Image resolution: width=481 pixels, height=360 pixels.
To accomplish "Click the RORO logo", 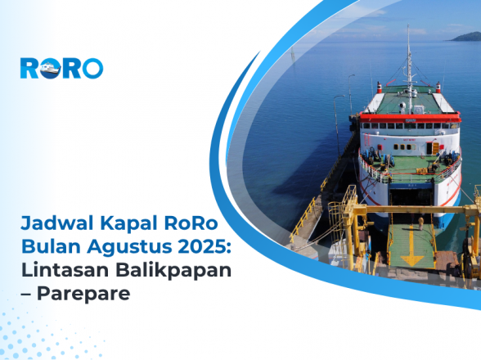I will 61,68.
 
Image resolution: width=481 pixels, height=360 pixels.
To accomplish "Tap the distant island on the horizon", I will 463,37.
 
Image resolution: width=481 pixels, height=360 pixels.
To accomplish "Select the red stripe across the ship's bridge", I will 409,118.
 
